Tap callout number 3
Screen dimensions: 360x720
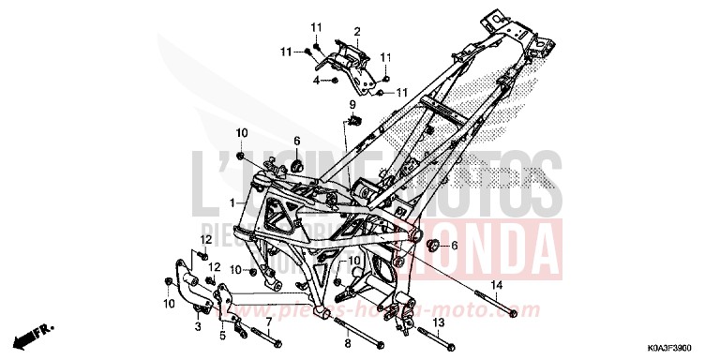[x=198, y=327]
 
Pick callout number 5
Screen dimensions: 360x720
[x=222, y=336]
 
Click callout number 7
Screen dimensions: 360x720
[x=269, y=322]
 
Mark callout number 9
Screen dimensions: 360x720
[x=353, y=103]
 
